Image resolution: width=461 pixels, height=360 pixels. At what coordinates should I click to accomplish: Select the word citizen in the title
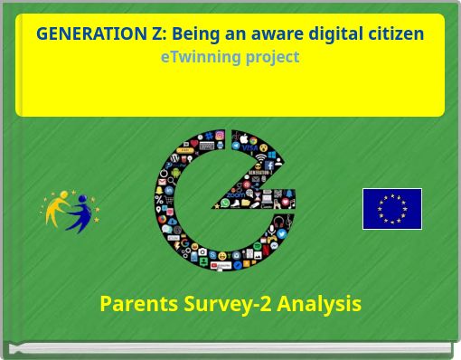(x=393, y=34)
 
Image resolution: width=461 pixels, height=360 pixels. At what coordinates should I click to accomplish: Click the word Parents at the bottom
(x=138, y=304)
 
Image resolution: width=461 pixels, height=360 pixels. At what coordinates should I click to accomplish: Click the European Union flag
(x=391, y=209)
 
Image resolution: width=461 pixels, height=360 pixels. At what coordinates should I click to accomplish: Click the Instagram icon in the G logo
(x=220, y=136)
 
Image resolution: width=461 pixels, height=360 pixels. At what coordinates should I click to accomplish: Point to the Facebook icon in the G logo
(x=269, y=166)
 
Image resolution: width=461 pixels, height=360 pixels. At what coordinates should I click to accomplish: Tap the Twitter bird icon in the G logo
(x=281, y=232)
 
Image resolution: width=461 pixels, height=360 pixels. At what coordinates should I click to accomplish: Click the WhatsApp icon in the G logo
(x=223, y=204)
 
